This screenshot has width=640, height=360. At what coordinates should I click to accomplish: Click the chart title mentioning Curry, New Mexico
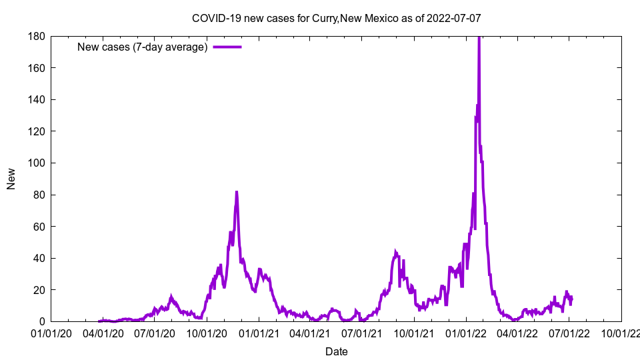[336, 18]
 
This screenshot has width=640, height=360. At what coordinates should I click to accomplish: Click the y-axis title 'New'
[11, 179]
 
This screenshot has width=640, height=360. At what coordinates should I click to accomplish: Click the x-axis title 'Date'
[336, 351]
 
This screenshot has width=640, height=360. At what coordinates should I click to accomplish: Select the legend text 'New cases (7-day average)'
[143, 47]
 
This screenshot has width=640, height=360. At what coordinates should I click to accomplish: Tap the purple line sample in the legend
[227, 47]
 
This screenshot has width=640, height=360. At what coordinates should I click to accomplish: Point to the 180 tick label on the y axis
[36, 36]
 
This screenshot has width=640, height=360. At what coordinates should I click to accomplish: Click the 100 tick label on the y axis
[36, 163]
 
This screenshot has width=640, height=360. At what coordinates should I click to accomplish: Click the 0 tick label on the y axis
[41, 322]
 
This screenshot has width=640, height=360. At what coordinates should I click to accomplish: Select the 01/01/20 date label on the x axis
[51, 333]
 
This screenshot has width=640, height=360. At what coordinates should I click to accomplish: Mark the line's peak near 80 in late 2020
[236, 192]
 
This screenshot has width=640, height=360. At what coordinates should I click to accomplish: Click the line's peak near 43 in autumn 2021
[395, 252]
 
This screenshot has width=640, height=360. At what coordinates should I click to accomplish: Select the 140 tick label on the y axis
[36, 100]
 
